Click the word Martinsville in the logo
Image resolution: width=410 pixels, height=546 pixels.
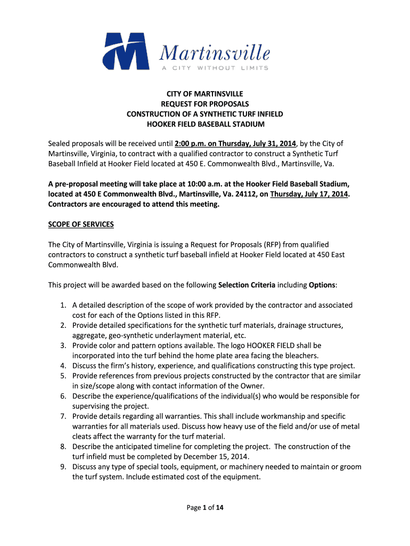tap(215, 53)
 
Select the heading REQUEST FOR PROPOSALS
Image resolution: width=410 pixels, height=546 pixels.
tap(205, 104)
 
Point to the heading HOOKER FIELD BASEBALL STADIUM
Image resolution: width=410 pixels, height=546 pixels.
tap(205, 124)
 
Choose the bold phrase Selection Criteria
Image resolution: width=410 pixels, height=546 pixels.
tap(247, 285)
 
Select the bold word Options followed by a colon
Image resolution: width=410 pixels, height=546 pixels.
tap(322, 285)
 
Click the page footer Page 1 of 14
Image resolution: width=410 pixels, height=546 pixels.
tap(205, 508)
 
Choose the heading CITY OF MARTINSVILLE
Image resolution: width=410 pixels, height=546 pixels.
tap(205, 94)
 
